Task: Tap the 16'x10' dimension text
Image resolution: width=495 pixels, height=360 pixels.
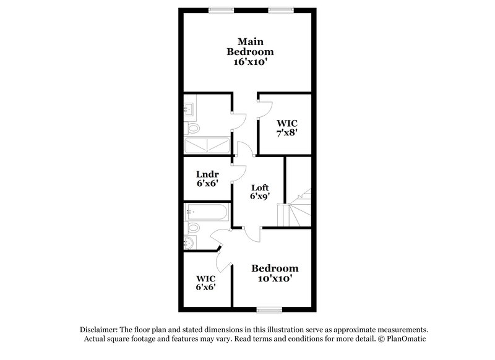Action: pyautogui.click(x=250, y=62)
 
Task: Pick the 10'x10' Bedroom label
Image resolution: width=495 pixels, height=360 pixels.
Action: pyautogui.click(x=274, y=273)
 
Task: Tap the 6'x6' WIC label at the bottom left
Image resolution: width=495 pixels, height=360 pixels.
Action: pyautogui.click(x=205, y=282)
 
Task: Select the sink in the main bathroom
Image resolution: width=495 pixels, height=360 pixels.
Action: pyautogui.click(x=189, y=111)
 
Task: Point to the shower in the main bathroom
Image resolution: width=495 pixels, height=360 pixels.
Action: pyautogui.click(x=207, y=146)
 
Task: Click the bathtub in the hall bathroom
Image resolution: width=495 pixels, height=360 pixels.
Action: pyautogui.click(x=207, y=213)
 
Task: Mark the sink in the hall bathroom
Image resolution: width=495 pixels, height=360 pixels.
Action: pyautogui.click(x=189, y=242)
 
